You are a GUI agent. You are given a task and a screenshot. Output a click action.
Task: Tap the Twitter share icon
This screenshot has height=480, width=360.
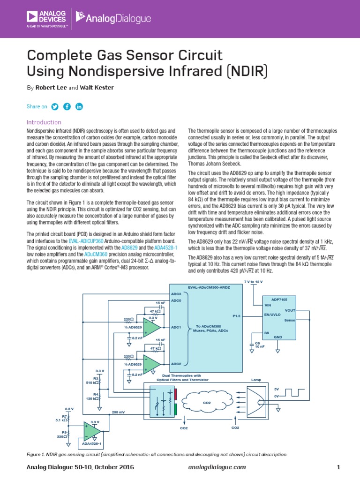click(x=55, y=106)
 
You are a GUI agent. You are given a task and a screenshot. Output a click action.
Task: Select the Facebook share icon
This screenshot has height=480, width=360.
click(x=67, y=106)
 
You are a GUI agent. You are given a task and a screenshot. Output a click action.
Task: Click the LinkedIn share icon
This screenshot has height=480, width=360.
click(x=79, y=106)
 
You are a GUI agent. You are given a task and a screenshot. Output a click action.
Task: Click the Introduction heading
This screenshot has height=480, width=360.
click(x=44, y=122)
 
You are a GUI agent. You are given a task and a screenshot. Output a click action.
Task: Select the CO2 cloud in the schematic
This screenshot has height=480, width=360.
click(x=207, y=402)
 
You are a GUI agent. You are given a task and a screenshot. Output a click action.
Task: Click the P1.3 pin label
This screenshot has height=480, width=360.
click(x=236, y=316)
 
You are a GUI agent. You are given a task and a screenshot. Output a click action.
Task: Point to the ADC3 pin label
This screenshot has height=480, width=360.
click(x=176, y=293)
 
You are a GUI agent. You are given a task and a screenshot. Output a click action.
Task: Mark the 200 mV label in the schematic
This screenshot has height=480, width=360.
click(x=118, y=412)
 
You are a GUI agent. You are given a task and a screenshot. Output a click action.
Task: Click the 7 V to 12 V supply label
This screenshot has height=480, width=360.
click(x=254, y=281)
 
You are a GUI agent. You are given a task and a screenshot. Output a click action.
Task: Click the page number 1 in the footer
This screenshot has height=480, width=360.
click(x=338, y=467)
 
